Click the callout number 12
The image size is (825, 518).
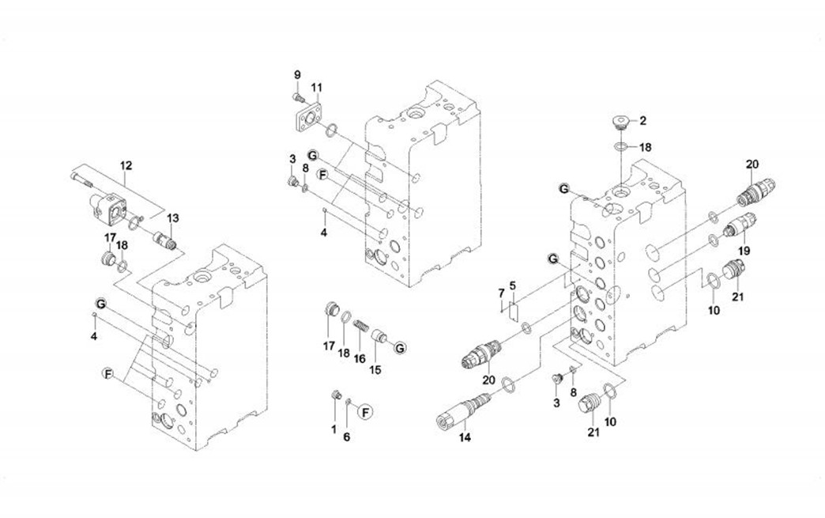126,166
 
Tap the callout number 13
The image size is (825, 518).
173,218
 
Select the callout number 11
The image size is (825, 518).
316,87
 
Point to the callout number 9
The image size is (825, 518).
297,74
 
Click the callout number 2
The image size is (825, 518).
642,121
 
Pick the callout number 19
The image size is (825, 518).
743,250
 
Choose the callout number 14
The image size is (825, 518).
465,437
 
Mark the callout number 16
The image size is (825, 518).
360,358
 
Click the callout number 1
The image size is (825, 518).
333,429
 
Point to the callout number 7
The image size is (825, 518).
501,293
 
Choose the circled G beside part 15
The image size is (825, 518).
399,347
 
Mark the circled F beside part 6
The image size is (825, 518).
364,410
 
